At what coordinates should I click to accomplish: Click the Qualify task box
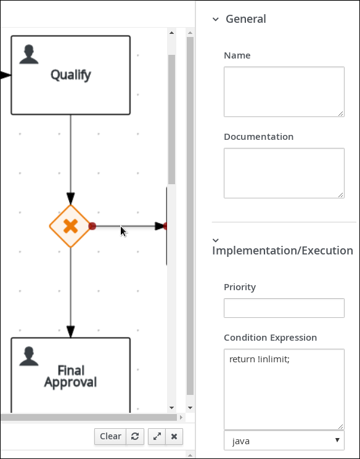(71, 75)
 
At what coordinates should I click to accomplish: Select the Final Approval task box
(71, 375)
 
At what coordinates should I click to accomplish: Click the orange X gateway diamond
(70, 226)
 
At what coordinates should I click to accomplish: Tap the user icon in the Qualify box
(29, 54)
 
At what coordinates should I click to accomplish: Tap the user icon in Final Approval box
(29, 356)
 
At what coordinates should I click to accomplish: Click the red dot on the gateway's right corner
(92, 226)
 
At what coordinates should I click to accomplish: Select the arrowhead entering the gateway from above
(71, 198)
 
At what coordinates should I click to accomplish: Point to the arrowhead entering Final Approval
(71, 331)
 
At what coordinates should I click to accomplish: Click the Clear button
(110, 436)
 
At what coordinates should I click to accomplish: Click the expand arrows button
(157, 436)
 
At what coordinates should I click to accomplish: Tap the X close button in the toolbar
(174, 436)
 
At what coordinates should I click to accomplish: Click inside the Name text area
(284, 92)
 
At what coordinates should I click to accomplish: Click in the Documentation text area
(284, 173)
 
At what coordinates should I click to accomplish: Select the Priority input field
(284, 308)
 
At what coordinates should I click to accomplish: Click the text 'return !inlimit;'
(260, 359)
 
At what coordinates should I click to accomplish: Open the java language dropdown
(284, 441)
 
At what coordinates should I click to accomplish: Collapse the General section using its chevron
(216, 19)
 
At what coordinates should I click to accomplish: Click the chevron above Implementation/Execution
(216, 240)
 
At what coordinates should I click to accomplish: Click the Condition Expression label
(271, 338)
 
